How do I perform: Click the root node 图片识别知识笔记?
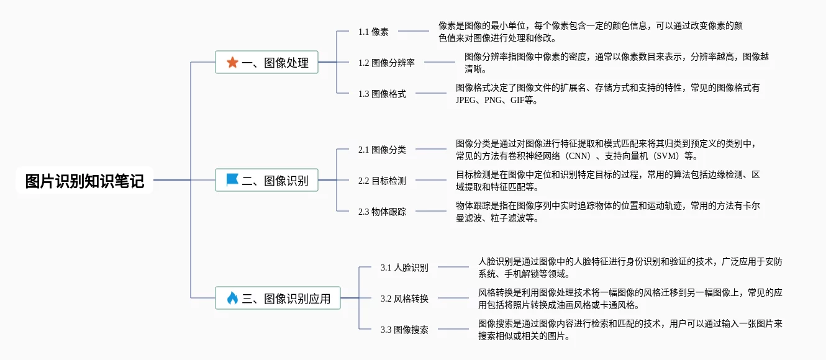click(x=84, y=181)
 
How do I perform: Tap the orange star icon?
click(x=232, y=62)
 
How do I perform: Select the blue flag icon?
click(x=232, y=180)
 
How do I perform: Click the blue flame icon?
click(x=232, y=298)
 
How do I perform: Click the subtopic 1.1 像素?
click(x=373, y=32)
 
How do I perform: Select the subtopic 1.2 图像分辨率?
click(x=386, y=63)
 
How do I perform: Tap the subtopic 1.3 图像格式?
click(x=382, y=94)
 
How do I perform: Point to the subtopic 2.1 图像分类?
click(x=382, y=150)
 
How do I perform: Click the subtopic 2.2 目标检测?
click(x=382, y=181)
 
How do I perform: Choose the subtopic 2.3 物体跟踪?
click(x=382, y=212)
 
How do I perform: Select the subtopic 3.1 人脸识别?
click(x=404, y=268)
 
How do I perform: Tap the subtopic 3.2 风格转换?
click(x=404, y=299)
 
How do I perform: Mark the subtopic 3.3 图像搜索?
click(x=404, y=330)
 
